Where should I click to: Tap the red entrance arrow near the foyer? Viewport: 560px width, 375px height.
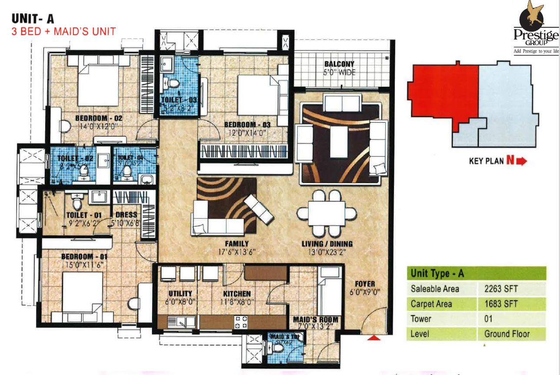(374, 337)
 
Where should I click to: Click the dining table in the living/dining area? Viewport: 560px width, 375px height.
(327, 213)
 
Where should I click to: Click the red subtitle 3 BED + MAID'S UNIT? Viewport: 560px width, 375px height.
(63, 31)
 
